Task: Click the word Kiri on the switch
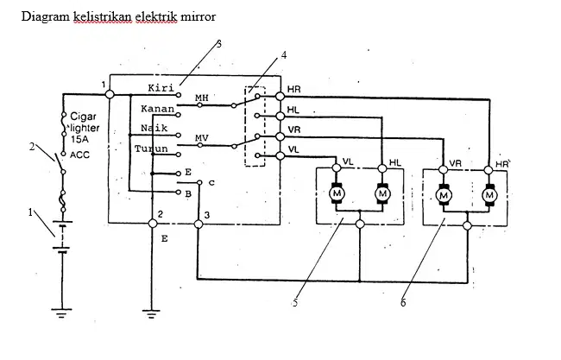point(161,88)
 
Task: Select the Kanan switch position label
point(157,109)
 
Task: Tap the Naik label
point(154,128)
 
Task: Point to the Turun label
point(151,148)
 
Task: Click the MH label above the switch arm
point(201,98)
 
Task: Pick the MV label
point(201,138)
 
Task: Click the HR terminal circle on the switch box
point(280,96)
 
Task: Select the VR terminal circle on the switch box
point(280,136)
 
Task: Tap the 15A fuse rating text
point(79,139)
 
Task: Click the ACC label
point(79,155)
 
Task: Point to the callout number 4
point(284,55)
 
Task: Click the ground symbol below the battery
point(61,313)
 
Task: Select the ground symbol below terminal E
point(151,314)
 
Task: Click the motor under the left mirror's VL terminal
point(337,193)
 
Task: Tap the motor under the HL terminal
point(382,193)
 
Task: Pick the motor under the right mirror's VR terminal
point(444,195)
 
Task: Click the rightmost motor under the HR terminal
point(489,195)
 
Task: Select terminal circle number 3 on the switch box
point(199,224)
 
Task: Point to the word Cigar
point(83,117)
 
